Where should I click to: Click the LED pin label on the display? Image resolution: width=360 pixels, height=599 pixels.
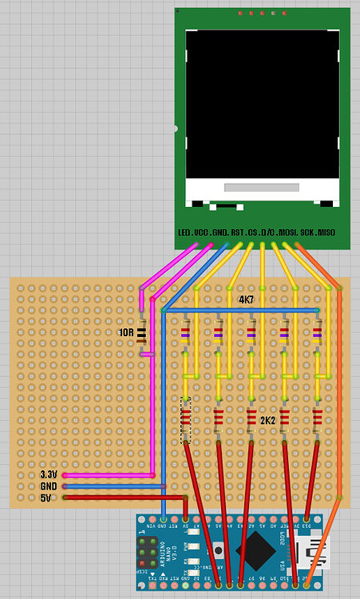[184, 232]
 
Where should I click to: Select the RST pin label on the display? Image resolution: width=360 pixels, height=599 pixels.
[238, 232]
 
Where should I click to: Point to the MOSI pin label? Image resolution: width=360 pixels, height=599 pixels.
[287, 232]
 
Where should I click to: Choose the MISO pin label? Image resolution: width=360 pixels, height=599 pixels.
[326, 232]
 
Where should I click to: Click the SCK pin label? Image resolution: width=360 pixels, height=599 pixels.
[307, 232]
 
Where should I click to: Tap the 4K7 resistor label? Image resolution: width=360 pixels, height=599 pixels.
[247, 299]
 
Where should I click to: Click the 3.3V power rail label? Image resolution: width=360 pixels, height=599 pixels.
[49, 474]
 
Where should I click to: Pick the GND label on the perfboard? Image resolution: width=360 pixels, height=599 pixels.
[49, 486]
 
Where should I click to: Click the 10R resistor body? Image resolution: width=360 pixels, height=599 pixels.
[142, 335]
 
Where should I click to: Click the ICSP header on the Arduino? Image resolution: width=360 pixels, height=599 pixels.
[148, 550]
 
